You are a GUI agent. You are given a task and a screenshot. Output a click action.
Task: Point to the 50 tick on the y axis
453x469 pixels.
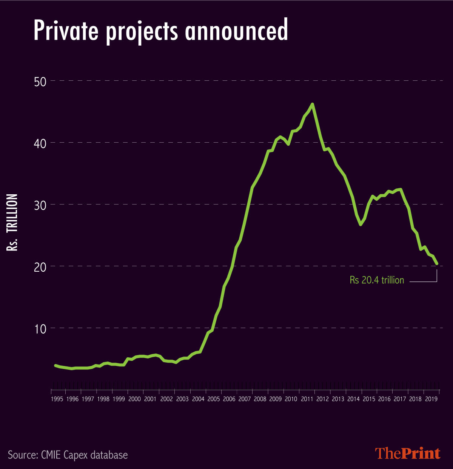[x=40, y=81]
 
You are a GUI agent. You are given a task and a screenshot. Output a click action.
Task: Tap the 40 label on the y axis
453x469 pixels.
[x=40, y=143]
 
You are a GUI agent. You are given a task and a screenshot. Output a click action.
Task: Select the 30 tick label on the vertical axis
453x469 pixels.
[x=40, y=205]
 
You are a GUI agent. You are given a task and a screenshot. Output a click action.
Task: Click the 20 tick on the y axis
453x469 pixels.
[x=40, y=267]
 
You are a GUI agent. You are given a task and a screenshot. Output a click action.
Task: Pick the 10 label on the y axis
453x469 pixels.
[x=40, y=329]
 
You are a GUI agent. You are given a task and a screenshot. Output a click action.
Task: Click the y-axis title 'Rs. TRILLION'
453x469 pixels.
[x=12, y=223]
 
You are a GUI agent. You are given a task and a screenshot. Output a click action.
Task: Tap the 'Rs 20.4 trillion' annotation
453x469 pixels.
[x=377, y=280]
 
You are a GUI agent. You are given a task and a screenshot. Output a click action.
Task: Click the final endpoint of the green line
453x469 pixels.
[x=437, y=263]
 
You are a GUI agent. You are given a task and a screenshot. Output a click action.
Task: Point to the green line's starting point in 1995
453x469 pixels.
[x=55, y=365]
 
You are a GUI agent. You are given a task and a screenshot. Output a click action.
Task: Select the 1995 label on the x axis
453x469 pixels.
[x=57, y=399]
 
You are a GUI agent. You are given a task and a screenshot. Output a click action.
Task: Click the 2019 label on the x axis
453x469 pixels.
[x=431, y=399]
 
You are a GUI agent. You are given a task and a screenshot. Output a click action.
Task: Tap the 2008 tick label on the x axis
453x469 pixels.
[x=260, y=399]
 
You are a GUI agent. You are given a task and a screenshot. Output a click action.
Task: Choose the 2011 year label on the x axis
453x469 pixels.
[x=307, y=399]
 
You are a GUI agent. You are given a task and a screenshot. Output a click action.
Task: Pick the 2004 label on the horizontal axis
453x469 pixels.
[x=197, y=399]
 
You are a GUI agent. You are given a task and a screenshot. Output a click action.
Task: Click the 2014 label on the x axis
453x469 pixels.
[x=353, y=399]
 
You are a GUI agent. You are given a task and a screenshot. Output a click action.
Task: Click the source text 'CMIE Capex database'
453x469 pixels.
[x=68, y=455]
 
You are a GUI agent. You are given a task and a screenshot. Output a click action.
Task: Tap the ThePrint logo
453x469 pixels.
[x=408, y=453]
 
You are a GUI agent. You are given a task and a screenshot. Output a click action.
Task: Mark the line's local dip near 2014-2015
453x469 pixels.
[x=361, y=225]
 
